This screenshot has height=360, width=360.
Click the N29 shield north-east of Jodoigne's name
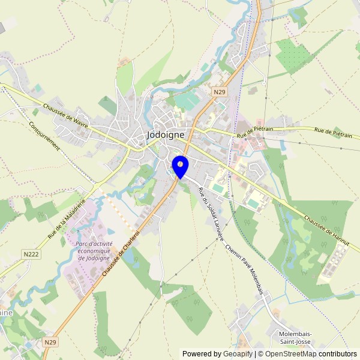click(x=220, y=92)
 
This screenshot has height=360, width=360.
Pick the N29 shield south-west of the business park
click(x=51, y=341)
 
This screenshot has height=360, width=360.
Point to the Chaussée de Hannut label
click(x=331, y=230)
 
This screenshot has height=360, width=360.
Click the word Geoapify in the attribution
click(x=238, y=354)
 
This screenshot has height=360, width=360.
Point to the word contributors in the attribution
click(x=338, y=354)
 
